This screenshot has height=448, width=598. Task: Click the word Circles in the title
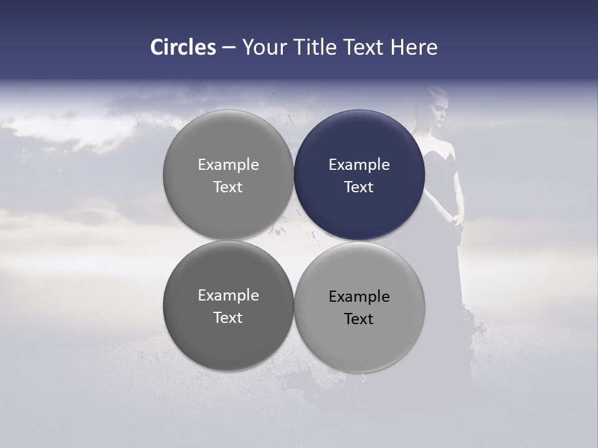(183, 47)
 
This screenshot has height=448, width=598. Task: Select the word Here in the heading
(414, 47)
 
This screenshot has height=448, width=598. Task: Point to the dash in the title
(229, 48)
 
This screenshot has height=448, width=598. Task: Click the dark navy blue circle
(359, 175)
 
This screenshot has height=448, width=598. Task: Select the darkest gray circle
(228, 306)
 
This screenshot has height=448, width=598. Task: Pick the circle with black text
(359, 307)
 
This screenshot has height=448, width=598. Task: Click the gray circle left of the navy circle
(228, 175)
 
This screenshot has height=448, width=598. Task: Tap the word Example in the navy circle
(359, 165)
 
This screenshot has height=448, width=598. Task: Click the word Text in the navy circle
(359, 187)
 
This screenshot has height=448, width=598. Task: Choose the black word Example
(359, 297)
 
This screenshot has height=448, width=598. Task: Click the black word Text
(359, 319)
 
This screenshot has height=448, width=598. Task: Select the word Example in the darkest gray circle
(228, 296)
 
